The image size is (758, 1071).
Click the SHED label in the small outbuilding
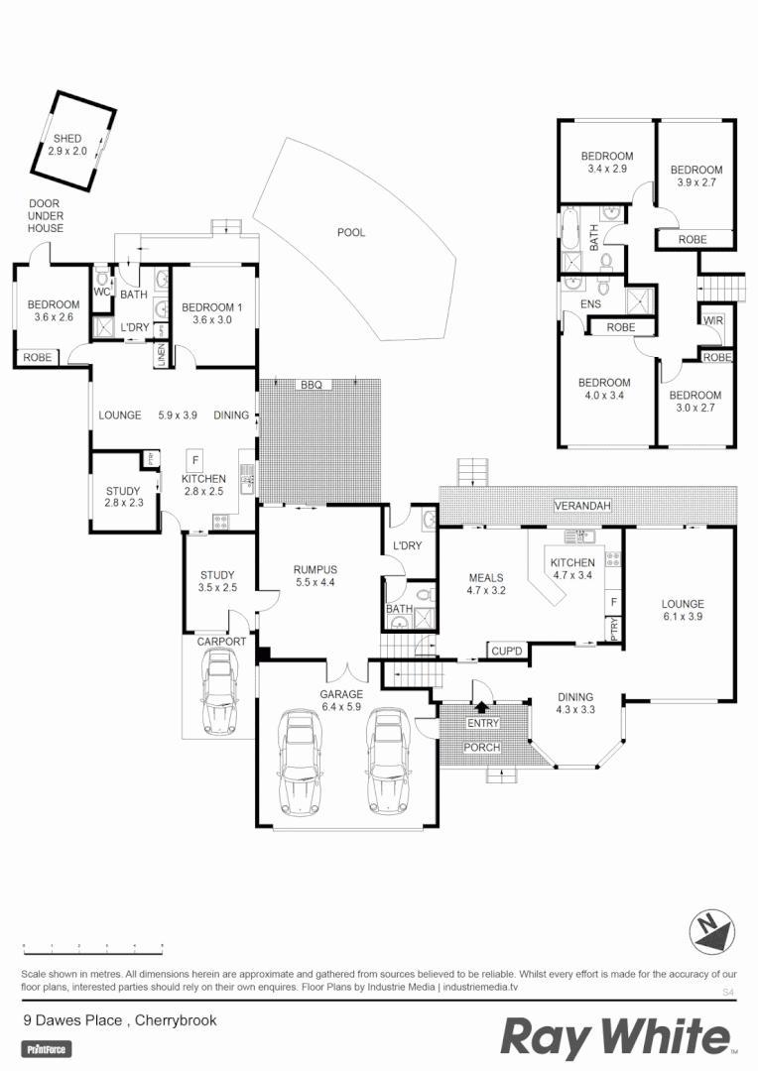pos(67,145)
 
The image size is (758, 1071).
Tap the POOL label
pos(351,233)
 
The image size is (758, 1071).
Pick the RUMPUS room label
pos(316,576)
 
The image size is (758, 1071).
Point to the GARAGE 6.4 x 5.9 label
pos(341,701)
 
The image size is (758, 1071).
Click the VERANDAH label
pos(582,507)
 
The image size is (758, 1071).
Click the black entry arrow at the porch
pos(482,708)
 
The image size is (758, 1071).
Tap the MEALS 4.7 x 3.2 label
pos(486,584)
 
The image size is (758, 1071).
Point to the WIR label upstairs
pos(712,321)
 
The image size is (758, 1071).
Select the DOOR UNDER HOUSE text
pos(46,216)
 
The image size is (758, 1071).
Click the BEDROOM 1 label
pos(211,313)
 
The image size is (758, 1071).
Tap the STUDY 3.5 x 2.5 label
pos(216,582)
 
